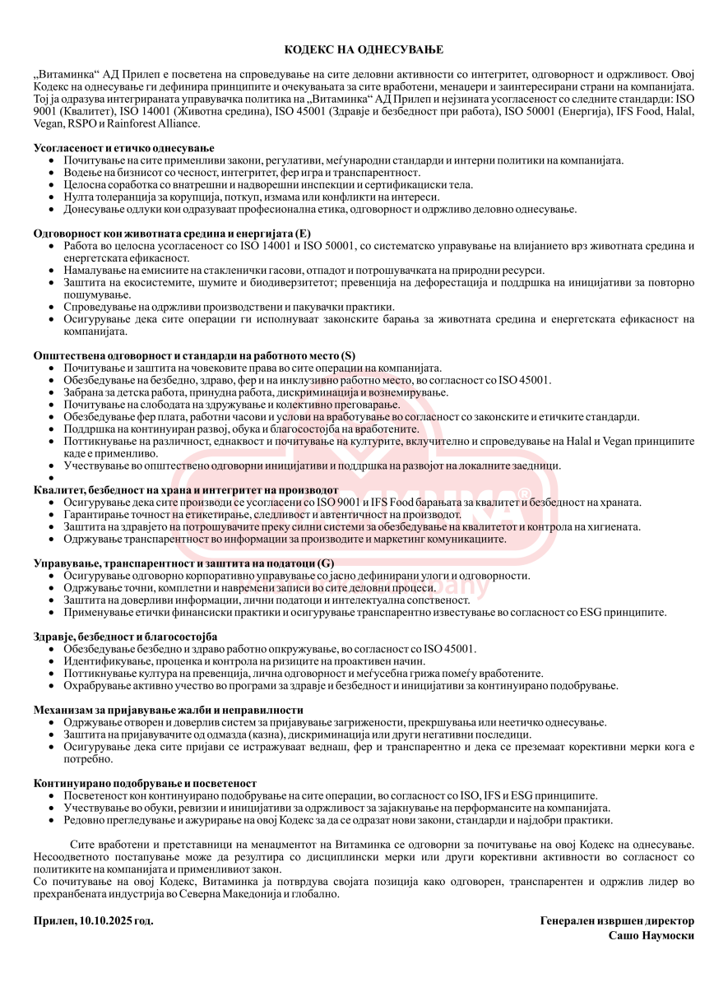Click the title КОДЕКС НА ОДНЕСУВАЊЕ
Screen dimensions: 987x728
tap(364, 50)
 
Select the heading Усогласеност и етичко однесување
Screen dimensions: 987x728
tap(112, 147)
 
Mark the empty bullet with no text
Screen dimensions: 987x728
tap(53, 478)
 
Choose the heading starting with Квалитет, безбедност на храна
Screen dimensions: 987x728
tap(186, 490)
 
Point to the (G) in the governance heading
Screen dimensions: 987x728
tap(327, 563)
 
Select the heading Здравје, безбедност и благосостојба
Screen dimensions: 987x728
tap(125, 637)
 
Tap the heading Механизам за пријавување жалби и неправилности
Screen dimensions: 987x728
tap(169, 710)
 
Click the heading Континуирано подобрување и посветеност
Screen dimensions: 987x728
tap(145, 783)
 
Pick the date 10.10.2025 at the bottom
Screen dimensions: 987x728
tap(107, 921)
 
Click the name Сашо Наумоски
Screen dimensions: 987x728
tap(651, 935)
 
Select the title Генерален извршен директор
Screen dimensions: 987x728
tap(616, 921)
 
